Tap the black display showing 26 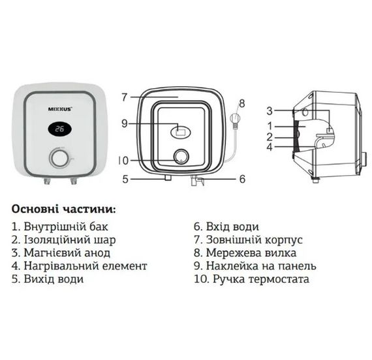(x=60, y=129)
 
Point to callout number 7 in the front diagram (x=124, y=97)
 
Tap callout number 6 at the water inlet (x=241, y=178)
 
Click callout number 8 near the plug (x=241, y=103)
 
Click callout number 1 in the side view (x=269, y=123)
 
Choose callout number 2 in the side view (x=269, y=137)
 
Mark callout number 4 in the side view (x=269, y=147)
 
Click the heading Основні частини (x=63, y=210)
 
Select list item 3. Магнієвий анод (x=61, y=252)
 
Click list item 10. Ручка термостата (x=251, y=279)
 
